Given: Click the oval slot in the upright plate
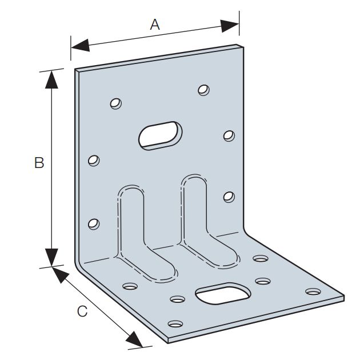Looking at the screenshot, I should (x=161, y=135).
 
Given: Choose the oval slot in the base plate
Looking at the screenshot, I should (x=223, y=294).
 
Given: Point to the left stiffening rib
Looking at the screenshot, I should (x=135, y=229).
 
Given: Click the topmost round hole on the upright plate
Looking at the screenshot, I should (x=203, y=90).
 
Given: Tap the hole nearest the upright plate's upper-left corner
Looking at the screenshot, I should (x=116, y=103).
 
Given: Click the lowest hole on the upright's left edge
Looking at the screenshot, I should (x=94, y=222).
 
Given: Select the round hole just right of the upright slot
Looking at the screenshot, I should (x=229, y=135).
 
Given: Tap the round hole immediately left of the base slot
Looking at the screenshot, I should (x=178, y=299).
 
